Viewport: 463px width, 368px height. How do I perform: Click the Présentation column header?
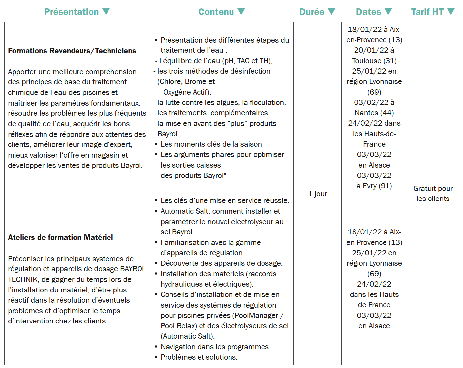(x=72, y=12)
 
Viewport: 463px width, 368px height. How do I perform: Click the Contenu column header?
(x=216, y=12)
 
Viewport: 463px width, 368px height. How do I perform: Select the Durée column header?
(x=312, y=12)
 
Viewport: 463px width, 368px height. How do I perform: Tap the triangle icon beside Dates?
(x=388, y=12)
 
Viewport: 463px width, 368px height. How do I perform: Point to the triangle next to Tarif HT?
(x=451, y=12)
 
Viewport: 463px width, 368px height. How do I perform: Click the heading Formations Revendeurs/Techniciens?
(x=72, y=51)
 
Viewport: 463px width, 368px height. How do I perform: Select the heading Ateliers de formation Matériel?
(x=60, y=237)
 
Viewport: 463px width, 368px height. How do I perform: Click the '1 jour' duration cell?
(x=318, y=194)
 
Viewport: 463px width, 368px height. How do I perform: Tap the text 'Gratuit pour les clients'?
(x=433, y=194)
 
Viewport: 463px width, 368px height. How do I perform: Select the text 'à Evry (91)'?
(x=374, y=186)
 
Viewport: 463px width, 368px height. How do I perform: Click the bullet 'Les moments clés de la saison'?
(x=211, y=144)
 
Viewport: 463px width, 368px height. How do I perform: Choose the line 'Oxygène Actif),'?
(x=187, y=92)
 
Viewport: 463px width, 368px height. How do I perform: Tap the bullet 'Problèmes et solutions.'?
(x=199, y=357)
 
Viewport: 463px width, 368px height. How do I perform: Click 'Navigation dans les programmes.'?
(x=215, y=347)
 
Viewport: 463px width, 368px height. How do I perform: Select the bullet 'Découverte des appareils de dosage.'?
(x=222, y=263)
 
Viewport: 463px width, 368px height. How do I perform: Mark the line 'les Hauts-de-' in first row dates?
(x=374, y=134)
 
